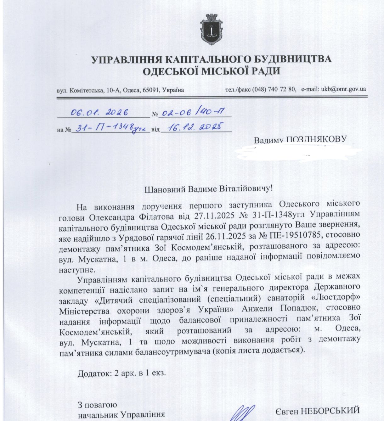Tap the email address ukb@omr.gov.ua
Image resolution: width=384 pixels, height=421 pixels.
tap(343, 89)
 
